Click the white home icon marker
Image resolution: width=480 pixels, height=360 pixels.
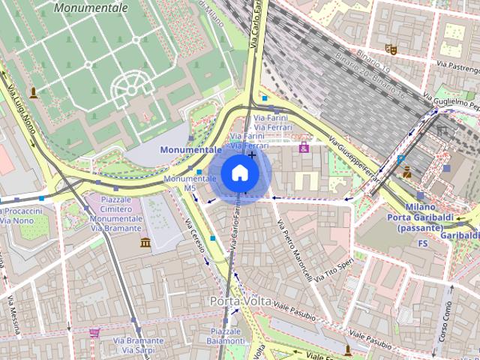(239, 173)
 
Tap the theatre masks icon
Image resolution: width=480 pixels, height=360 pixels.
(389, 49)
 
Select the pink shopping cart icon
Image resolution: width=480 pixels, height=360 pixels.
(94, 332)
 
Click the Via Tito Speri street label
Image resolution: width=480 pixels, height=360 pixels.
(334, 271)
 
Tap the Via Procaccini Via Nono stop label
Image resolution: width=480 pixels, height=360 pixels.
(20, 216)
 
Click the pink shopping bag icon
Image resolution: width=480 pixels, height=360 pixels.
(304, 148)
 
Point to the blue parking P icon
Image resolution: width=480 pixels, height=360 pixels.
(401, 159)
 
